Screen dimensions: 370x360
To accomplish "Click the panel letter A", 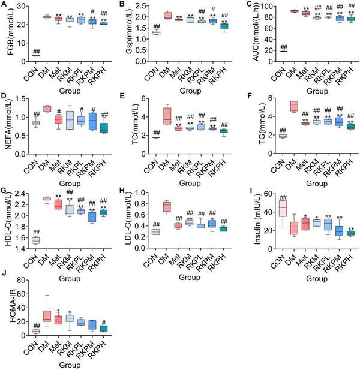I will tap(4, 5).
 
